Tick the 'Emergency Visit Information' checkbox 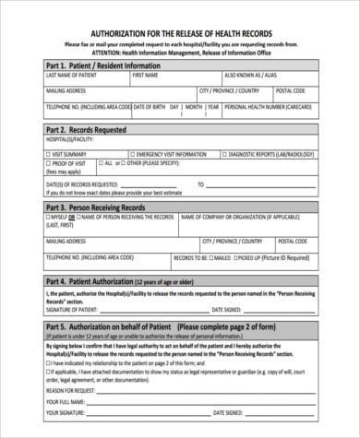(x=129, y=153)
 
